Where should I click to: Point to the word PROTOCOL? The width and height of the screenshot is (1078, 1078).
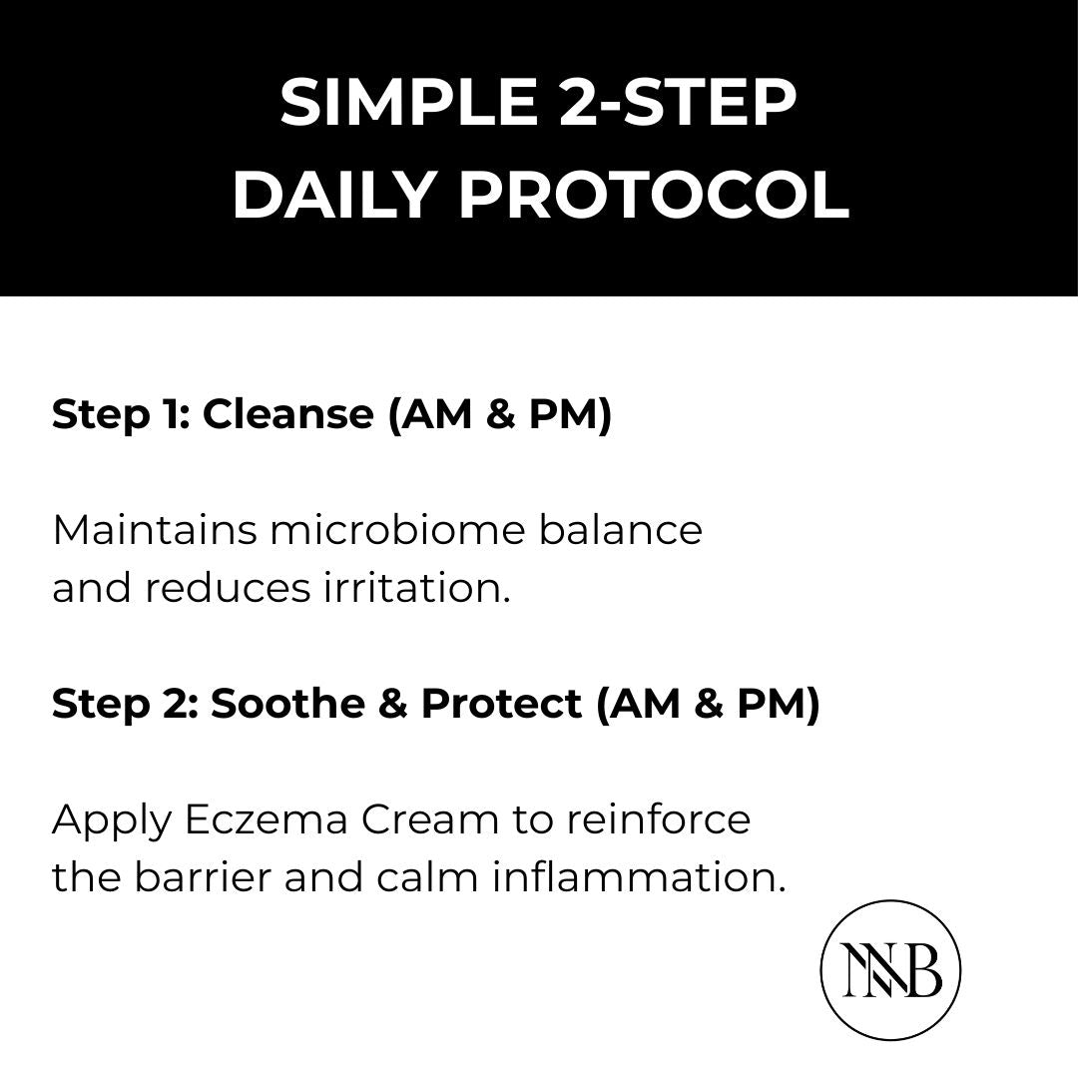pos(654,196)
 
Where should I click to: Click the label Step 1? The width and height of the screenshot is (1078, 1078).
pos(120,414)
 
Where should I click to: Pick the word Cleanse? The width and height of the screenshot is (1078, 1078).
pos(287,414)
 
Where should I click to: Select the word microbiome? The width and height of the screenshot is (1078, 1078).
pos(395,530)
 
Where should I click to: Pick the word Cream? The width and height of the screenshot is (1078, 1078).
pos(429,820)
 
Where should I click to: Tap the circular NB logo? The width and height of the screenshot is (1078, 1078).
pos(890,970)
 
